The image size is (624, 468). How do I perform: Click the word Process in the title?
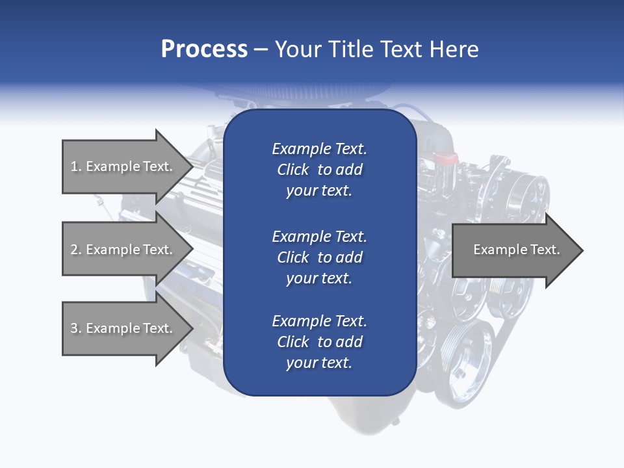pos(204,49)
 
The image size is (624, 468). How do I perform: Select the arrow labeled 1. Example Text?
pos(123,166)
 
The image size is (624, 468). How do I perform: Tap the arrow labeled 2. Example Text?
pos(123,250)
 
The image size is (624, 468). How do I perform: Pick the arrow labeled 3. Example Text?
pos(123,328)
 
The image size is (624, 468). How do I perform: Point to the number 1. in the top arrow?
pos(76,166)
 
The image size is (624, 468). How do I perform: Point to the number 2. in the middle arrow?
pos(76,250)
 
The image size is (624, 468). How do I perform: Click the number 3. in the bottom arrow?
pos(76,328)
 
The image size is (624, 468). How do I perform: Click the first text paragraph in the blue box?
pos(319,170)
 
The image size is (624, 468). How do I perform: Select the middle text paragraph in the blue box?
pos(319,257)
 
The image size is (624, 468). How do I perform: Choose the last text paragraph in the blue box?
pos(319,342)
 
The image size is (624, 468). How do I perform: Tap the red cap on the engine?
pos(446,158)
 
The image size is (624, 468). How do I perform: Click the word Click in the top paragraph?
pos(292,170)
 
